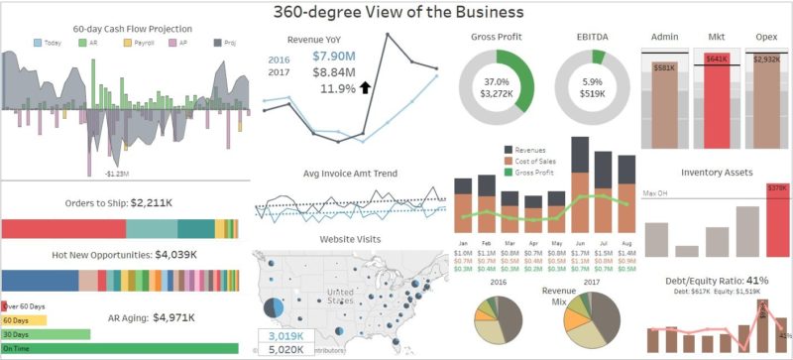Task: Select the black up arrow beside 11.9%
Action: coord(365,88)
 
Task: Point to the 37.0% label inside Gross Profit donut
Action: coord(496,82)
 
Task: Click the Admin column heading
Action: coord(665,38)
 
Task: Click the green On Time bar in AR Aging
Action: coord(120,348)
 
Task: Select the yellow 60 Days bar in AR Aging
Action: coord(29,320)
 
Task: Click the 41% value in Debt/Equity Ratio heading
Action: coord(754,280)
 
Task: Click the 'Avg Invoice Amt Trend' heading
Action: coord(350,174)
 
